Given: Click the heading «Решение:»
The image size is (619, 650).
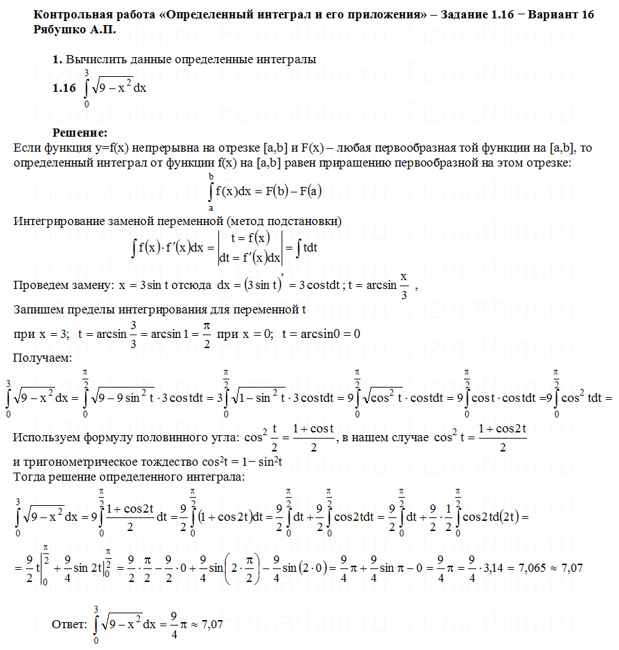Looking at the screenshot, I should point(80,132).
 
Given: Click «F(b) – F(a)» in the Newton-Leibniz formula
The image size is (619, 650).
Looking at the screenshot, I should point(292,192).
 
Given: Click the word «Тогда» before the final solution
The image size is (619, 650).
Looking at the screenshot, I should point(29,475).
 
